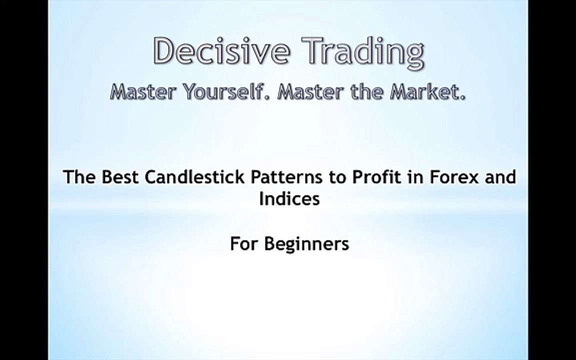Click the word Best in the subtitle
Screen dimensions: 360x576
tap(116, 177)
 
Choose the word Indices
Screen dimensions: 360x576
tap(289, 199)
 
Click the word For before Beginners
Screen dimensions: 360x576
tap(244, 244)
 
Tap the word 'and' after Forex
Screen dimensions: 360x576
tap(500, 177)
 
